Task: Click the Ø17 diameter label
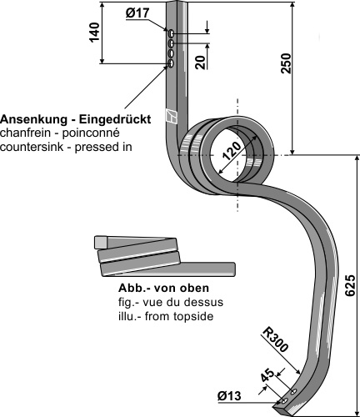137,13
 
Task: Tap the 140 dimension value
94,32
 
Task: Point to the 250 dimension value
286,63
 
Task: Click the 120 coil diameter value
232,151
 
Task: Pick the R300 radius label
275,339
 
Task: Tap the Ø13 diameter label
229,396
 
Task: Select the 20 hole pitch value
200,62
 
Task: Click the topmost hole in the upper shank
172,34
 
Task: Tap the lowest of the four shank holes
171,63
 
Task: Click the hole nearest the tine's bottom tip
284,401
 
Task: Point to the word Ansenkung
33,119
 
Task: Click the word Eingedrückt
115,119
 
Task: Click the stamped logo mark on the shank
171,115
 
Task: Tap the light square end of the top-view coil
101,242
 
